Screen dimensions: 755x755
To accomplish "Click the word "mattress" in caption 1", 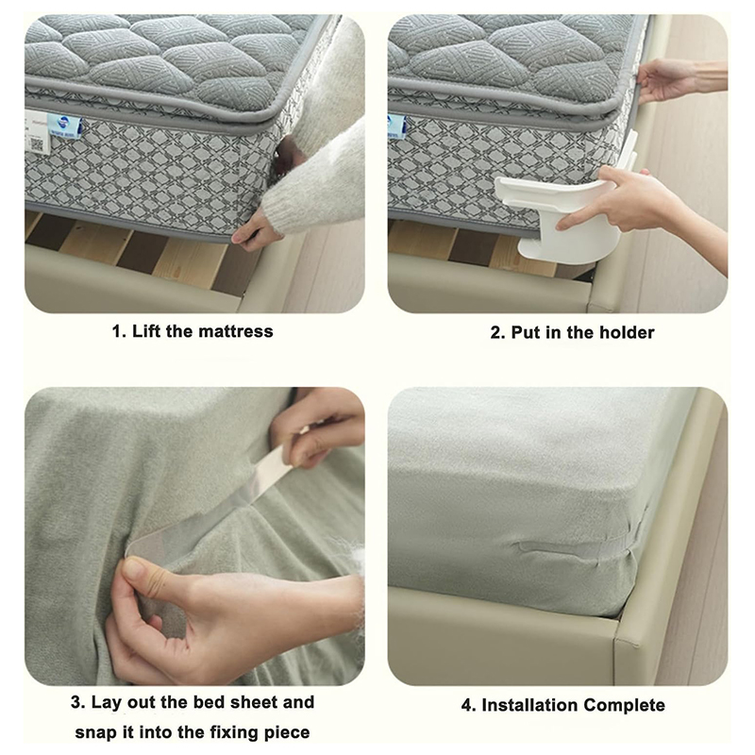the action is (x=235, y=331).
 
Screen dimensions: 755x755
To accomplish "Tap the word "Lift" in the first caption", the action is (x=146, y=331).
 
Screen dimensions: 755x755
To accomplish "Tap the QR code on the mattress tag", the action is (x=37, y=143).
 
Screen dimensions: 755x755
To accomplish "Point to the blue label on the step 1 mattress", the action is (x=66, y=127).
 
